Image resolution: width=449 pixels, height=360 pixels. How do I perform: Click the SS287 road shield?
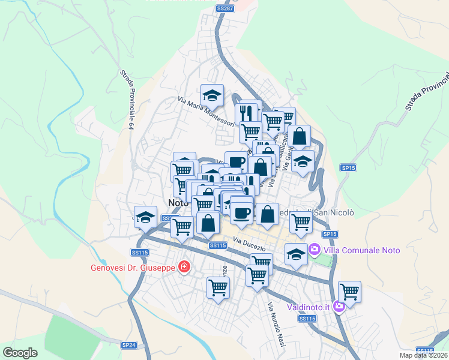pos(224,8)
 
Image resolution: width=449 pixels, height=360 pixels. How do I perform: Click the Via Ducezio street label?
pos(246,243)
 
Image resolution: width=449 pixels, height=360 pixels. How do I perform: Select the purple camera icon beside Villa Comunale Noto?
pos(314,248)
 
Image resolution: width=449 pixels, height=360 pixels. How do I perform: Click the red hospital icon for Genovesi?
pos(184,267)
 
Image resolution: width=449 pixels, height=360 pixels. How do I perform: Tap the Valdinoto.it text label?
pos(309,307)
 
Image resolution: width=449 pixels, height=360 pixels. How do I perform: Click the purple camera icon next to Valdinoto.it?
pos(339,307)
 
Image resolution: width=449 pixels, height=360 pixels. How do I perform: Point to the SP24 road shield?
pos(129,345)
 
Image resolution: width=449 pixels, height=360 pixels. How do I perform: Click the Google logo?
pos(20,353)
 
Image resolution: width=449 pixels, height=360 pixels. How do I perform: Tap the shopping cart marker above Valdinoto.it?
pos(349,292)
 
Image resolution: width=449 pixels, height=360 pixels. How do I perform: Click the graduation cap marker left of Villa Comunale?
pos(295,254)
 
